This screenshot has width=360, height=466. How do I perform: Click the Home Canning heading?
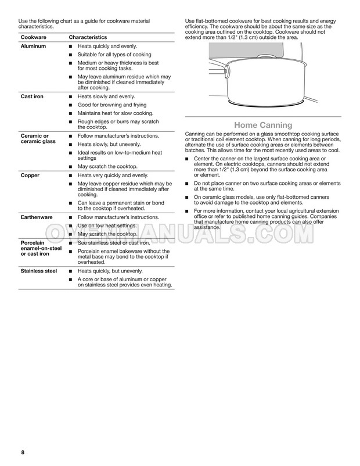coord(262,125)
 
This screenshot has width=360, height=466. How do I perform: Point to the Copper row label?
coord(30,174)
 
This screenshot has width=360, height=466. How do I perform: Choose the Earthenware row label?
coord(37,216)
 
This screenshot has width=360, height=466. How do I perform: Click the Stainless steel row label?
coord(39,271)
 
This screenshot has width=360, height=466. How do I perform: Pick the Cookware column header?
coord(34,36)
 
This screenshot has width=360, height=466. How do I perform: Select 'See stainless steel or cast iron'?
coord(113,242)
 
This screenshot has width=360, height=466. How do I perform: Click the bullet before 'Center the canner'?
coord(187,159)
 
